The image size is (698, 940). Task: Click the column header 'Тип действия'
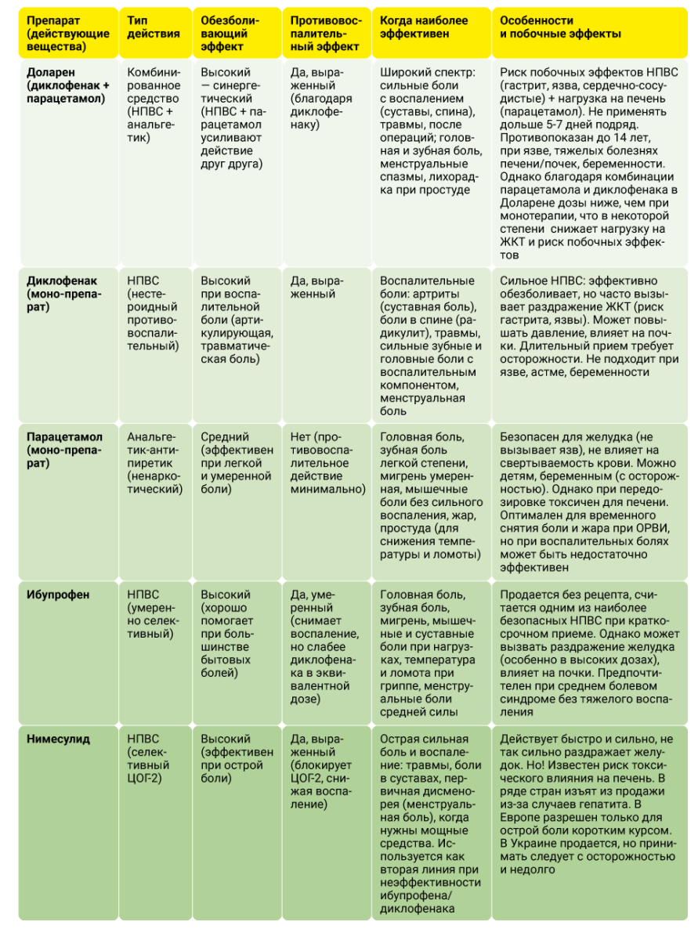click(153, 27)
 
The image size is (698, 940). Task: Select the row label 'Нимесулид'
click(58, 739)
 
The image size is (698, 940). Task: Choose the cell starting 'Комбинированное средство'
click(154, 106)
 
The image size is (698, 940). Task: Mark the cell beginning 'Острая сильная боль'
click(428, 822)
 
